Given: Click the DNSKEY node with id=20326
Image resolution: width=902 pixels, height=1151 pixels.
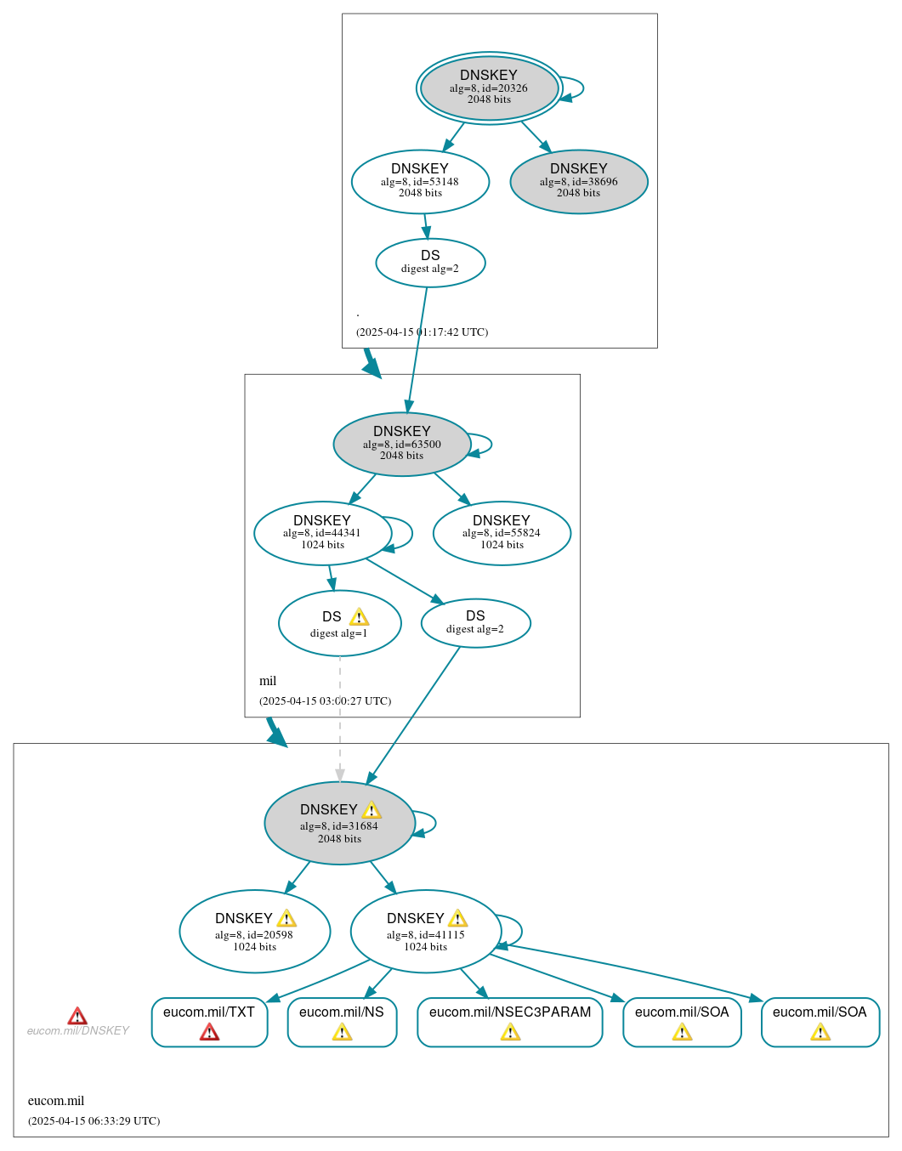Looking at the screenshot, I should coord(489,88).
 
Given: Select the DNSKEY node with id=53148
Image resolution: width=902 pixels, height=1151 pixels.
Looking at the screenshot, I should coord(420,181).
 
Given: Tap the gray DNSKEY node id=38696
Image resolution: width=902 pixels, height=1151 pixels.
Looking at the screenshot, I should coord(579,181).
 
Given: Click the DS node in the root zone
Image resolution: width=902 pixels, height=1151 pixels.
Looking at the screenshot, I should coord(430,263).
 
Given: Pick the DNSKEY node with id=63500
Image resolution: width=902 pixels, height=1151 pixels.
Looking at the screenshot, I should coord(401,444).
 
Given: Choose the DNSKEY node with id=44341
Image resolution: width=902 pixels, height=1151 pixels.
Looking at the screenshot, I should coord(322,533).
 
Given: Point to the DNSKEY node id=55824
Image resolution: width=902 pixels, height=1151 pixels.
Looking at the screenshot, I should coord(502,533).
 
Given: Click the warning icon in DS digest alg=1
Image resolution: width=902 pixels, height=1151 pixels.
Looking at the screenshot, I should coord(359,617).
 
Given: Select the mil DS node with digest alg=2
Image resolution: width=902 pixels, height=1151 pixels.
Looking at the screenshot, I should coord(475,623).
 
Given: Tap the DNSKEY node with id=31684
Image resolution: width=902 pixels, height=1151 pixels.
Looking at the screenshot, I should coord(339,823).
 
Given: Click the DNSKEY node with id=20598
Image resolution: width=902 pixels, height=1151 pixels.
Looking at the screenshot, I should coord(254,931).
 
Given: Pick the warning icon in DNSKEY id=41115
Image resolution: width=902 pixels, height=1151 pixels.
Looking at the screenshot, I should coord(457,918).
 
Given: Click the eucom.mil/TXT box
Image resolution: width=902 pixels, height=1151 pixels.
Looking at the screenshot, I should coord(209,1021).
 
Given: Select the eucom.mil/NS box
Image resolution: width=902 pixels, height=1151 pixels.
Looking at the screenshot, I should coord(342,1021).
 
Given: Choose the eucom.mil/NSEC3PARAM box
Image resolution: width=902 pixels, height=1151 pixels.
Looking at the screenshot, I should coord(509,1021).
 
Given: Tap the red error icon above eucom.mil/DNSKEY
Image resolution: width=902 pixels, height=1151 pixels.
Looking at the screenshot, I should coord(77,1016).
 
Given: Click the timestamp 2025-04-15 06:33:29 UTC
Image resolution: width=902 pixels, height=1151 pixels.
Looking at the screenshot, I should coord(94,1120).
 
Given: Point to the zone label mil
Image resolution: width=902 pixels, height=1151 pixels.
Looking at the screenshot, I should coord(268,681).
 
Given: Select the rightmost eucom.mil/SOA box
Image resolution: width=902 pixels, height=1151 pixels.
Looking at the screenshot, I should coord(820,1021).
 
